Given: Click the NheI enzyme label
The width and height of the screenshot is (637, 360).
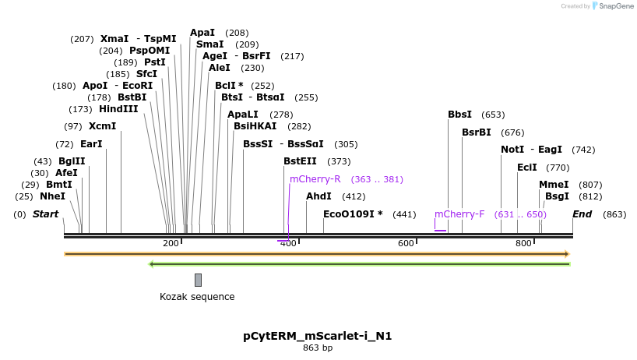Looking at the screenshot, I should (x=52, y=196).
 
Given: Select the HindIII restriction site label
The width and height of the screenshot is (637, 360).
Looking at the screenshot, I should (x=118, y=109).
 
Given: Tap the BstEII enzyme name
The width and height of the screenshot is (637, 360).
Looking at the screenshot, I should (x=300, y=161).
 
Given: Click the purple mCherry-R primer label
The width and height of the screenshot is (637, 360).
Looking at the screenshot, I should (x=315, y=179).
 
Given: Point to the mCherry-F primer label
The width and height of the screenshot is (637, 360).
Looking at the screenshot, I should (x=459, y=214).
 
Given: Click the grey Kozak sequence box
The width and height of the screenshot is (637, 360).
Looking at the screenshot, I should (x=198, y=280).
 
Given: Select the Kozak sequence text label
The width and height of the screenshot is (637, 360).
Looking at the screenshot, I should (x=197, y=297).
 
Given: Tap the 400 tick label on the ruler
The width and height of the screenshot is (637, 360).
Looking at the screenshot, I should (x=288, y=244).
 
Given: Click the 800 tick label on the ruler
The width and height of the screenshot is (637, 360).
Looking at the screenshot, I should (x=523, y=244).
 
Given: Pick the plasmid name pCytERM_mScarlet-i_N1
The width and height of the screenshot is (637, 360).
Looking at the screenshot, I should (x=318, y=337).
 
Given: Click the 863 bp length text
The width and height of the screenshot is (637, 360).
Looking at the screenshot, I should (x=318, y=348).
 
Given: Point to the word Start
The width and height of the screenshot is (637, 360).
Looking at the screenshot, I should (x=45, y=214).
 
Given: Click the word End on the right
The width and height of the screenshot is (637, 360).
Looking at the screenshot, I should (x=582, y=214).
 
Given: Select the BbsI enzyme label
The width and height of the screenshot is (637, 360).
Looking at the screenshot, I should (x=459, y=115).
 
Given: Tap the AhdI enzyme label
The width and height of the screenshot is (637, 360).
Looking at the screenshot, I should (x=318, y=196).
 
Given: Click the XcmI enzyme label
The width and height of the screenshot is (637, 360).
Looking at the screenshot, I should (x=102, y=126).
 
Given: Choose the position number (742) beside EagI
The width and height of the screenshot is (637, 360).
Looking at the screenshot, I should (x=583, y=150).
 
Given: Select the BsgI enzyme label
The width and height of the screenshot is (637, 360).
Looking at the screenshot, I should (x=557, y=196).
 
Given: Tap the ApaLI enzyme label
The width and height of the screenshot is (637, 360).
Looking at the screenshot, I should (x=243, y=115).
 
